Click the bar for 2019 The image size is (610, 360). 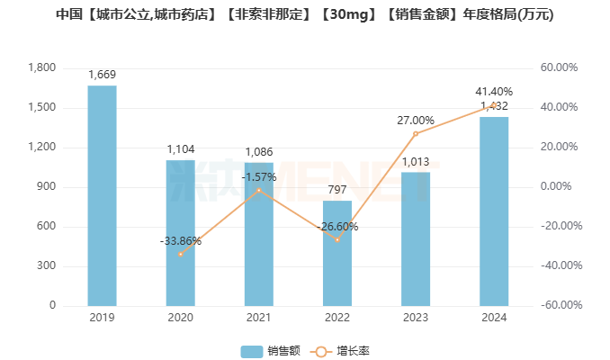point(102,195)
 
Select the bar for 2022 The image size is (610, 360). point(337,253)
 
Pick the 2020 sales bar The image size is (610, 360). point(180,232)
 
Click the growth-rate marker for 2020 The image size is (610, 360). point(180,254)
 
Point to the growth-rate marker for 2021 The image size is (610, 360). point(259,190)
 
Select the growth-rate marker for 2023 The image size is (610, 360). point(416,133)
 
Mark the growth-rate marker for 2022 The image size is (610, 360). point(337,239)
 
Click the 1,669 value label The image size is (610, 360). point(102,75)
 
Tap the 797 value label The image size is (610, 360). point(337,190)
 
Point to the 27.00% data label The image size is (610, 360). point(416,120)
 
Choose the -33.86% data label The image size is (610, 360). point(180,241)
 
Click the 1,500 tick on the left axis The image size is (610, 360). point(41,108)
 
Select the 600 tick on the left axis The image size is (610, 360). point(46,227)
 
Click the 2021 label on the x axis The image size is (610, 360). point(259,317)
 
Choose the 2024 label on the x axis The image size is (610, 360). point(494,317)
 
